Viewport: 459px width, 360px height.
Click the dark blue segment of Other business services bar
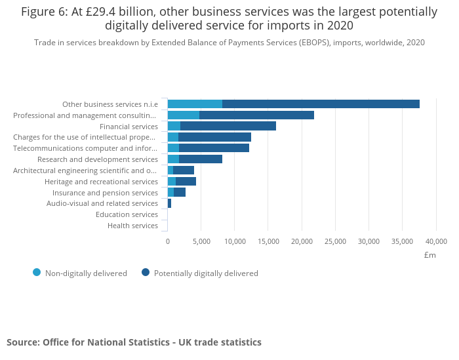click(321, 104)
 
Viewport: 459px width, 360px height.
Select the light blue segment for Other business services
click(195, 104)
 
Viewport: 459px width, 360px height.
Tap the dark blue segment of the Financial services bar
click(228, 126)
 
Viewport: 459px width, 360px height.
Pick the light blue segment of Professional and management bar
click(184, 115)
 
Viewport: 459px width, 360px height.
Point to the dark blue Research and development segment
click(201, 159)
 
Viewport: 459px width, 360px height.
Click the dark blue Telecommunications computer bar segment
click(214, 148)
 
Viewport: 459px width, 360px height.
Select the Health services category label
click(132, 226)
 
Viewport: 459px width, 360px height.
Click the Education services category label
click(127, 214)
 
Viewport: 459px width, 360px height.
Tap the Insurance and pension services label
click(105, 193)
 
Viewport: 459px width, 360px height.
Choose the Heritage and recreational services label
click(101, 182)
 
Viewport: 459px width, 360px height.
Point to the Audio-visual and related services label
click(102, 203)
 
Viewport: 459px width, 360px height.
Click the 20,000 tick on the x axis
click(302, 241)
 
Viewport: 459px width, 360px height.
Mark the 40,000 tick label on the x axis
click(436, 241)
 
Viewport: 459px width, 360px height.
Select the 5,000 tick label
click(201, 241)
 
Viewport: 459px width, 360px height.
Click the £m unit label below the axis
click(430, 254)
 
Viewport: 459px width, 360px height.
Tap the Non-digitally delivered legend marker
click(37, 273)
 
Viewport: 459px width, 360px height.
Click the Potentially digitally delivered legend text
click(206, 273)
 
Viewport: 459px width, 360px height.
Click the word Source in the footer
click(23, 342)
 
